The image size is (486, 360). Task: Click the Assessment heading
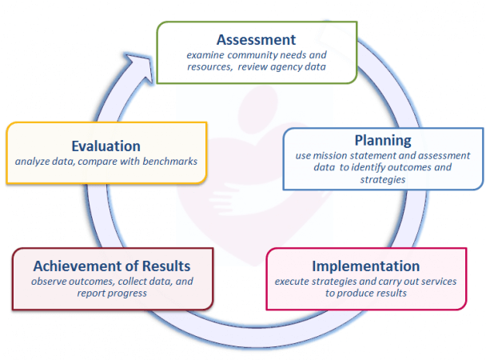pyautogui.click(x=256, y=40)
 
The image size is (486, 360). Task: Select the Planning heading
pyautogui.click(x=383, y=141)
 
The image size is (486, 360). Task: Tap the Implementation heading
pyautogui.click(x=366, y=266)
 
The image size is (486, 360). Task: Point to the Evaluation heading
pyautogui.click(x=106, y=146)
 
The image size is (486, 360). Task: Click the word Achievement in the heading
pyautogui.click(x=74, y=266)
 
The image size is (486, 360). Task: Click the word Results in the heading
pyautogui.click(x=166, y=266)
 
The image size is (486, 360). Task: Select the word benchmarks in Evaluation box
pyautogui.click(x=169, y=162)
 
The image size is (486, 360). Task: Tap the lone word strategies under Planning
pyautogui.click(x=383, y=179)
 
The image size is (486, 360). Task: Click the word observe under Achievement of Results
pyautogui.click(x=48, y=282)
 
